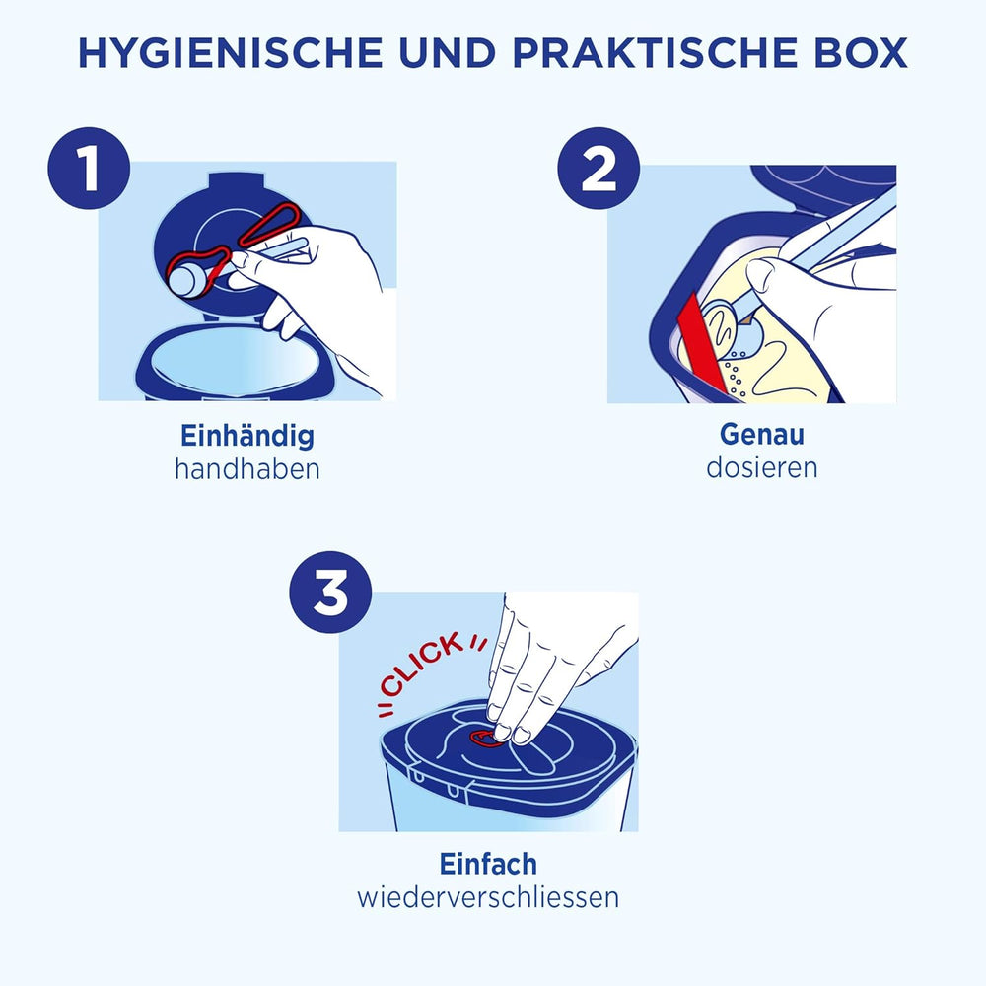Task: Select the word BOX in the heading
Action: click(x=856, y=53)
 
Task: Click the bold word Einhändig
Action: click(x=246, y=435)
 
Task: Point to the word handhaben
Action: click(x=246, y=468)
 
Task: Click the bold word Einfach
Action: click(x=489, y=864)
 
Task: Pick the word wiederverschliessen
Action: click(x=489, y=897)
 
